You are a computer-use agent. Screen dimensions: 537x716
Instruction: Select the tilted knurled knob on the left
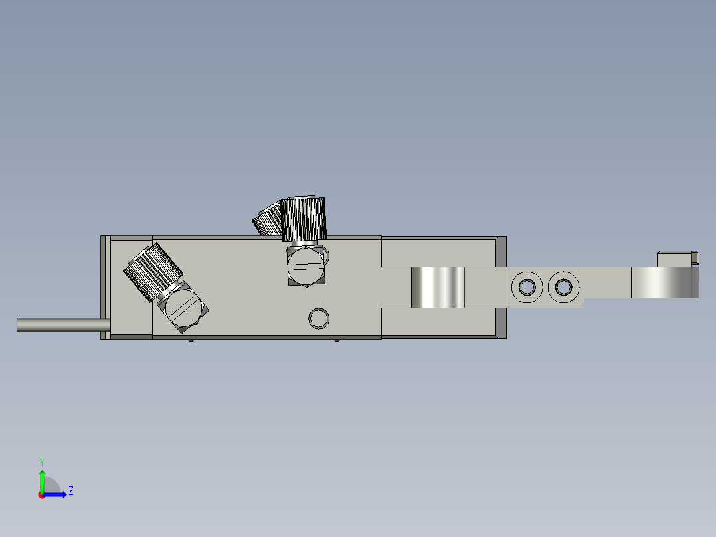tap(152, 271)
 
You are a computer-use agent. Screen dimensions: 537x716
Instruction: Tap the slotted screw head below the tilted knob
tap(182, 308)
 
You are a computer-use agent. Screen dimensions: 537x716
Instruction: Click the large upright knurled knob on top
tap(304, 219)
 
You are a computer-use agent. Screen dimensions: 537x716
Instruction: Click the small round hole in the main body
tap(319, 318)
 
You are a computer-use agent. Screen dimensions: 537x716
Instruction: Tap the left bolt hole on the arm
tap(527, 287)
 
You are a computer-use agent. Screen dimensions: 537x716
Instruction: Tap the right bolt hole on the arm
tap(563, 287)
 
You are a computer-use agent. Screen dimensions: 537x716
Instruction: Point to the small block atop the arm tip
tap(676, 257)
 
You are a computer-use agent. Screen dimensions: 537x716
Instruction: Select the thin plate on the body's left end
tap(104, 287)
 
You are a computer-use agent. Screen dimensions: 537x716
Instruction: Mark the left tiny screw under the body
tap(191, 341)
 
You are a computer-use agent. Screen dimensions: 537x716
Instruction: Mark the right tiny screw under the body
tap(337, 341)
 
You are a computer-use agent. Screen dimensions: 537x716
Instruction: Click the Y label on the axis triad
tap(41, 461)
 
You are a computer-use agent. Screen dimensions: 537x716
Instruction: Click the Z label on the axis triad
tap(70, 491)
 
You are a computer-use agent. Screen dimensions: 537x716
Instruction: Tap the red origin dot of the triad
tap(41, 494)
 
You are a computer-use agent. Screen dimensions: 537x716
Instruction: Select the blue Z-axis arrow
tap(56, 494)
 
